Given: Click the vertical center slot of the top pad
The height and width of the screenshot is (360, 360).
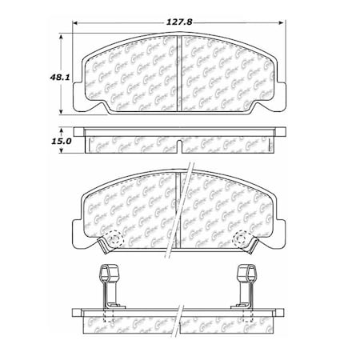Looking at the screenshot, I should pyautogui.click(x=181, y=72).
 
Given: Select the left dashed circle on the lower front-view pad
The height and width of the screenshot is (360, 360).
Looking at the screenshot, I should pyautogui.click(x=114, y=238).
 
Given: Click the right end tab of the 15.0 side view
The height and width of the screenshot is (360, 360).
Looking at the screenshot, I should pyautogui.click(x=282, y=130).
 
